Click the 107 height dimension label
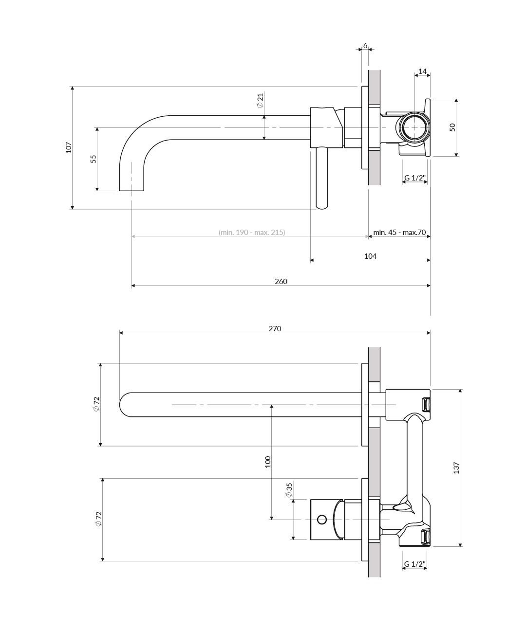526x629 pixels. pos(69,147)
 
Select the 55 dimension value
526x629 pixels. pos(94,159)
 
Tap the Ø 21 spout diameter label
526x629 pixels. pos(260,100)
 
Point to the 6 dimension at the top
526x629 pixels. pos(365,46)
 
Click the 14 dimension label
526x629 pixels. pos(422,72)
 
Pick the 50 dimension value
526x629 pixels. pos(452,127)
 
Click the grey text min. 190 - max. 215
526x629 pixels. pos(252,232)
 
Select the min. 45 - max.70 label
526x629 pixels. pos(399,232)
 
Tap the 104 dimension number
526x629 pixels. pos(370,256)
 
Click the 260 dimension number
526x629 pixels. pos(281,281)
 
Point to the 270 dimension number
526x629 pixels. pos(275,329)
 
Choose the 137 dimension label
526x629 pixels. pos(456,468)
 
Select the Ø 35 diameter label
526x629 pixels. pos(289,490)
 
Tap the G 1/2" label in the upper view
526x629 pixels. pos(414,178)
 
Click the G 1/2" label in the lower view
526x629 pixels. pos(414,564)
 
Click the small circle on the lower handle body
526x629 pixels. pos(322,520)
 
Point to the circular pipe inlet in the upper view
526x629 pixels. pos(414,127)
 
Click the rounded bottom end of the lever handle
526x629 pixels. pos(322,207)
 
